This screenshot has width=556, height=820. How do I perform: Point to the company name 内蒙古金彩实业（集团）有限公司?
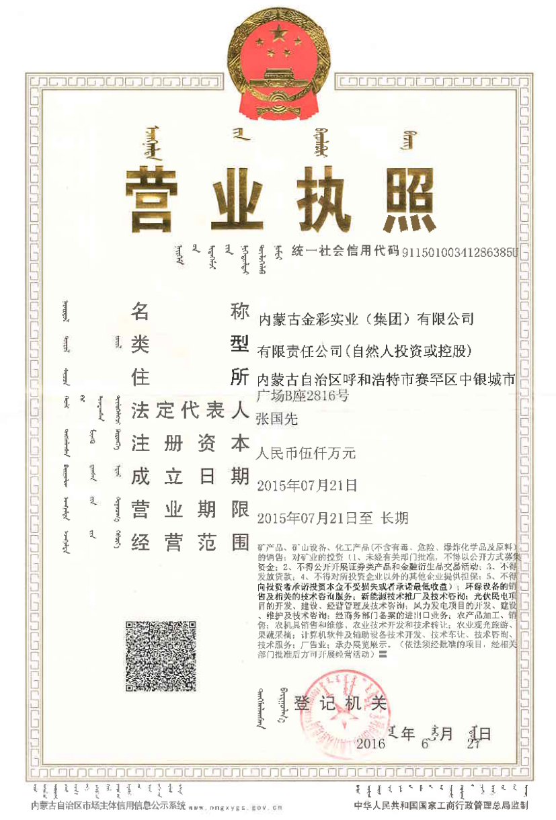click(366, 318)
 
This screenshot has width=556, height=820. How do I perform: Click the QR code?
click(161, 657)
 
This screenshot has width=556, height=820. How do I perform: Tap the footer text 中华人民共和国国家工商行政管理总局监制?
click(441, 805)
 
